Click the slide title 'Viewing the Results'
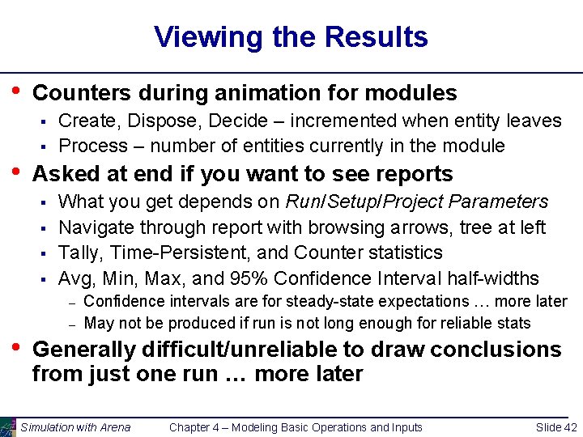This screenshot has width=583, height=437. [x=291, y=37]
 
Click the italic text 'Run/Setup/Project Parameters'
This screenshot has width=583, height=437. [x=417, y=202]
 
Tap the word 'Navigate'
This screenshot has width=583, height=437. [x=96, y=227]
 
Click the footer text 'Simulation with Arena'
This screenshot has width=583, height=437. [x=75, y=427]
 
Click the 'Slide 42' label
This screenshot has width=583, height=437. [x=556, y=427]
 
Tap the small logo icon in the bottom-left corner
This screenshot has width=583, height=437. [x=8, y=426]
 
